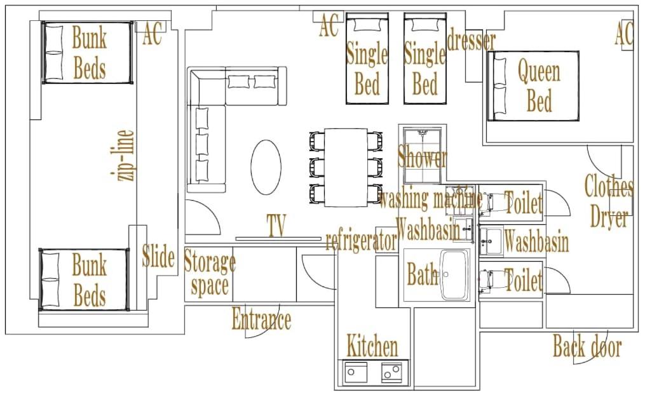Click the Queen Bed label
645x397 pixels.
pos(539,86)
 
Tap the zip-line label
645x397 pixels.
pos(123,155)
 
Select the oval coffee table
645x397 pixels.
pos(266,167)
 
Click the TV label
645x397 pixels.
pos(276,225)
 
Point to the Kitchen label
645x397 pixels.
pos(372,346)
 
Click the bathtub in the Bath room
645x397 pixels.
pos(454,274)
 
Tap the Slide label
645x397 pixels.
pos(158,256)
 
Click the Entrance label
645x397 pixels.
pos(261,320)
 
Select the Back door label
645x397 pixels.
pos(587,346)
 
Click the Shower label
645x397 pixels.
pos(422,157)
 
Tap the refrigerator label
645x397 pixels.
pos(361,241)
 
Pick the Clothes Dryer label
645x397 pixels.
pos(609,201)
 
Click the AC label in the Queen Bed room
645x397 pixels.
pos(624,34)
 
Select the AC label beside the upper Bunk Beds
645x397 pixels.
pos(152,34)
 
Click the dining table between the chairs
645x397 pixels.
pos(346,168)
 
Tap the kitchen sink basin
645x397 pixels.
pos(356,372)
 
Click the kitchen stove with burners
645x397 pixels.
pos(391,372)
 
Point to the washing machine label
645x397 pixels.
pos(430,199)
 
